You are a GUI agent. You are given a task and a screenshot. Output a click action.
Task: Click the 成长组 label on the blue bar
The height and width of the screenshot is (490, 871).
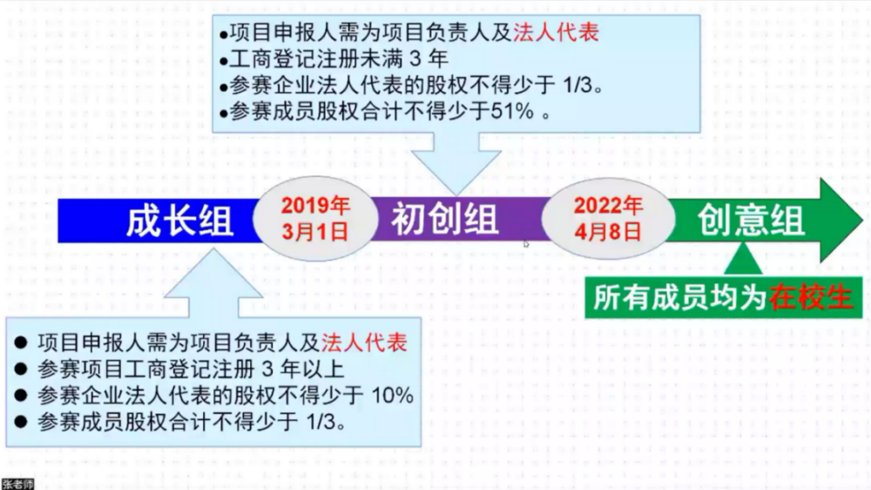[179, 221]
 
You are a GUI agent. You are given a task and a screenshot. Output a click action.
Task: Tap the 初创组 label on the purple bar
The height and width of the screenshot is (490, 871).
[444, 219]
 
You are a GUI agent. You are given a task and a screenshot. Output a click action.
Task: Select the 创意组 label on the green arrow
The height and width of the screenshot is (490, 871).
[751, 221]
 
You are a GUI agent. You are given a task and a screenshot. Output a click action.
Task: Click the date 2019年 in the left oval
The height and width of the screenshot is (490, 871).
[315, 206]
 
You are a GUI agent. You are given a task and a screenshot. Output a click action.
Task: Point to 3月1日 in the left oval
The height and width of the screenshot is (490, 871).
[315, 231]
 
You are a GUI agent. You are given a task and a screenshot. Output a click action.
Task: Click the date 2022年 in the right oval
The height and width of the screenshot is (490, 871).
[608, 206]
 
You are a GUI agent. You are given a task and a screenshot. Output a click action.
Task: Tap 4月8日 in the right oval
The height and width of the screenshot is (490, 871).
[608, 231]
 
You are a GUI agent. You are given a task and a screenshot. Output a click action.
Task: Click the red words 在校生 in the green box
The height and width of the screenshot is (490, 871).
[810, 297]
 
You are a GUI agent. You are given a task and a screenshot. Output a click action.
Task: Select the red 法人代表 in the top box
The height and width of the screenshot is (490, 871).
[556, 32]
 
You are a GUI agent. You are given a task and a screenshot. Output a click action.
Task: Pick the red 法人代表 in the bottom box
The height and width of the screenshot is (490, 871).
[364, 343]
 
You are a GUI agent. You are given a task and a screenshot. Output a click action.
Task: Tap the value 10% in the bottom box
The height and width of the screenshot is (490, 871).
[392, 396]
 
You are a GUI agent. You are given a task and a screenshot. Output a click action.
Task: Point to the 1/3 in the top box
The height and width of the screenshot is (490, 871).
[577, 85]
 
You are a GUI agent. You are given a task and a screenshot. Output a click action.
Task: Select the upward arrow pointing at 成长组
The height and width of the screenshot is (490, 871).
[213, 283]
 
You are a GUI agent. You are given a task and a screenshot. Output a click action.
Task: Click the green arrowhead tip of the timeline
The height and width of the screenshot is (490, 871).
[862, 221]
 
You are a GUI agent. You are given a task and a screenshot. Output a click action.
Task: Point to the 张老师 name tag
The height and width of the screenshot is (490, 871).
[17, 484]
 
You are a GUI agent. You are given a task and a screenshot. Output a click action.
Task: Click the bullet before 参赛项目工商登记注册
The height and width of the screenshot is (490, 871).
[21, 369]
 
